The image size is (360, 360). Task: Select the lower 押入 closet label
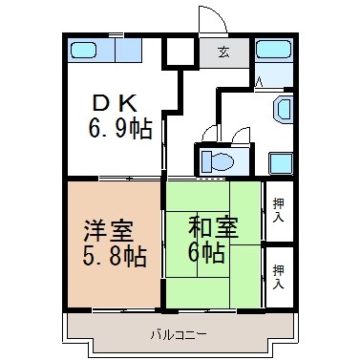tap(277, 277)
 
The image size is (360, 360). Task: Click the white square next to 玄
tap(178, 52)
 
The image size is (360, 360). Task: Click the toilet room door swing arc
tap(211, 133)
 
